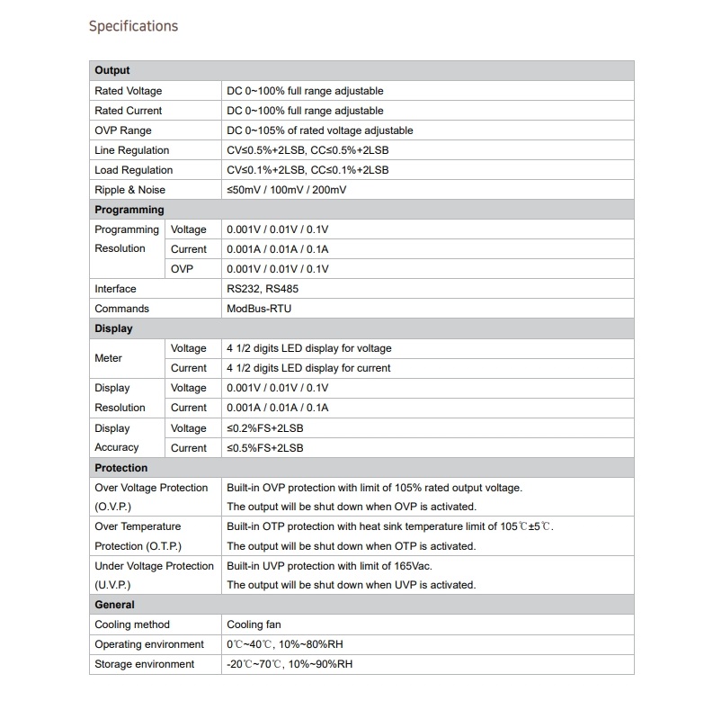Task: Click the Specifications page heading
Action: tap(133, 26)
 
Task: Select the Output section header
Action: tap(112, 70)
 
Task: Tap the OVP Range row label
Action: tap(123, 130)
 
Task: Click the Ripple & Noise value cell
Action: tap(287, 190)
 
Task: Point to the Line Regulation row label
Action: tap(131, 150)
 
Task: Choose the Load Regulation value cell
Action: tap(307, 170)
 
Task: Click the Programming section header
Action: tap(129, 210)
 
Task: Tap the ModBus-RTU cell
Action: tap(259, 309)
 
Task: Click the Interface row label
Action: tap(115, 289)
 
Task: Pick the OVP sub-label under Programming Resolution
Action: tap(182, 269)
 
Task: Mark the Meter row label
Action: tap(108, 358)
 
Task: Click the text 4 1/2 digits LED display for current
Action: tap(308, 368)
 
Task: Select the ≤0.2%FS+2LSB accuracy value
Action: tap(265, 428)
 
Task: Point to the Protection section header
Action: tap(121, 468)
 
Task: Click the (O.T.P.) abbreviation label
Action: tap(138, 546)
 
